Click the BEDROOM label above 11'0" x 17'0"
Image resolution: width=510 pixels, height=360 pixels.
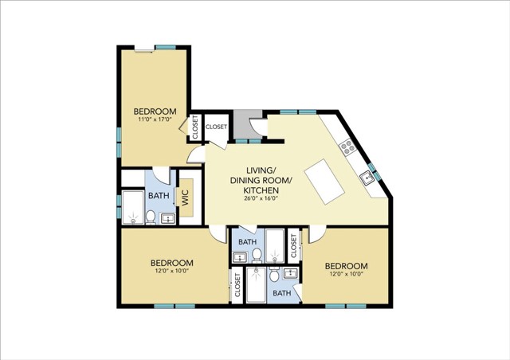(155, 112)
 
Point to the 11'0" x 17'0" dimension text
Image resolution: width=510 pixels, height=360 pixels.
(155, 119)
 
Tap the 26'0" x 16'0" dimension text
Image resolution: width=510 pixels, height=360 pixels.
(261, 198)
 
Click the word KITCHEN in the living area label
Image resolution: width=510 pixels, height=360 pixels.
(261, 190)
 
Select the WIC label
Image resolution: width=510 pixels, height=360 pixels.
(185, 198)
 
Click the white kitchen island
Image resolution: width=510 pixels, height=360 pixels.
(324, 182)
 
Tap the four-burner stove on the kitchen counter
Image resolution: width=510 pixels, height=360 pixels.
(347, 146)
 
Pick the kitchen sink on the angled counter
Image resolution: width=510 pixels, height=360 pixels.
(368, 178)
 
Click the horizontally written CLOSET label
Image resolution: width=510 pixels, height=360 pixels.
(216, 127)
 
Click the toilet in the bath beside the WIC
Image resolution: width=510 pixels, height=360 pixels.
(151, 217)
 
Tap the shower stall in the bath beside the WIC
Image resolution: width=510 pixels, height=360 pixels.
(133, 208)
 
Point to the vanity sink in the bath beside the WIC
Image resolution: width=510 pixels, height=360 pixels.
(167, 218)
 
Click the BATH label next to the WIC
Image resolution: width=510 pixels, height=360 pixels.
(159, 195)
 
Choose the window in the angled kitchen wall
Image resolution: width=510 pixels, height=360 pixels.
(375, 171)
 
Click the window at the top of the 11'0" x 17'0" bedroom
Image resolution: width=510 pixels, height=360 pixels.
(166, 48)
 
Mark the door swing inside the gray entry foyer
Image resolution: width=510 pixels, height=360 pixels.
(258, 126)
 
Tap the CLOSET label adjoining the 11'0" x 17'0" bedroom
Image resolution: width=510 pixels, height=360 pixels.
(195, 127)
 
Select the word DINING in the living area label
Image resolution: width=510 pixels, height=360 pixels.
(246, 181)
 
